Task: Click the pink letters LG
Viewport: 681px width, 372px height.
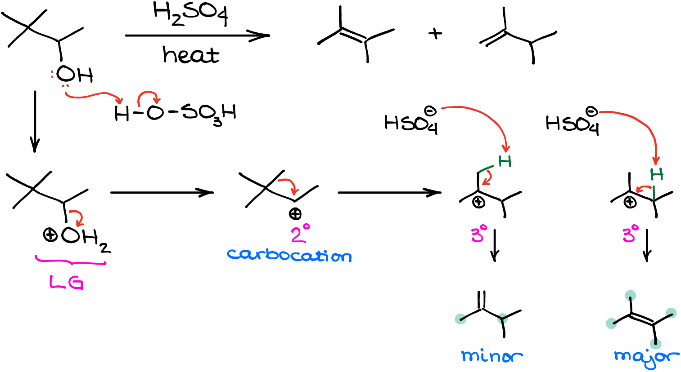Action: pos(66,283)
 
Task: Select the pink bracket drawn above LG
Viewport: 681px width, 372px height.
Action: pos(71,261)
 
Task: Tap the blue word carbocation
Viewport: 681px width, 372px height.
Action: pos(289,255)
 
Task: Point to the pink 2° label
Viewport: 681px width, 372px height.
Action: pos(300,234)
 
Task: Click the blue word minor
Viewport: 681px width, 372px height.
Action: pos(492,356)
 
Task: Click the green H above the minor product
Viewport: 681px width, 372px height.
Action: pos(505,161)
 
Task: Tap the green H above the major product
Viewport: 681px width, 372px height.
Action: pos(657,174)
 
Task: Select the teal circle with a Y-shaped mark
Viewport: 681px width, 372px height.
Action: pos(502,319)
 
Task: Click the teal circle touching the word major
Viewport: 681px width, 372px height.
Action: pos(655,344)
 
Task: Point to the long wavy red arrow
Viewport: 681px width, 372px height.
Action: pos(93,96)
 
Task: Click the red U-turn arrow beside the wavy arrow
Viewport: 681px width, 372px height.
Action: pos(148,97)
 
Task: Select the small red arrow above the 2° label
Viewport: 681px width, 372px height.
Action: pos(289,185)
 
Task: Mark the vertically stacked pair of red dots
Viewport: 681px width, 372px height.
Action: pos(52,74)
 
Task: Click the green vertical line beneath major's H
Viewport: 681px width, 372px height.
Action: pos(654,193)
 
